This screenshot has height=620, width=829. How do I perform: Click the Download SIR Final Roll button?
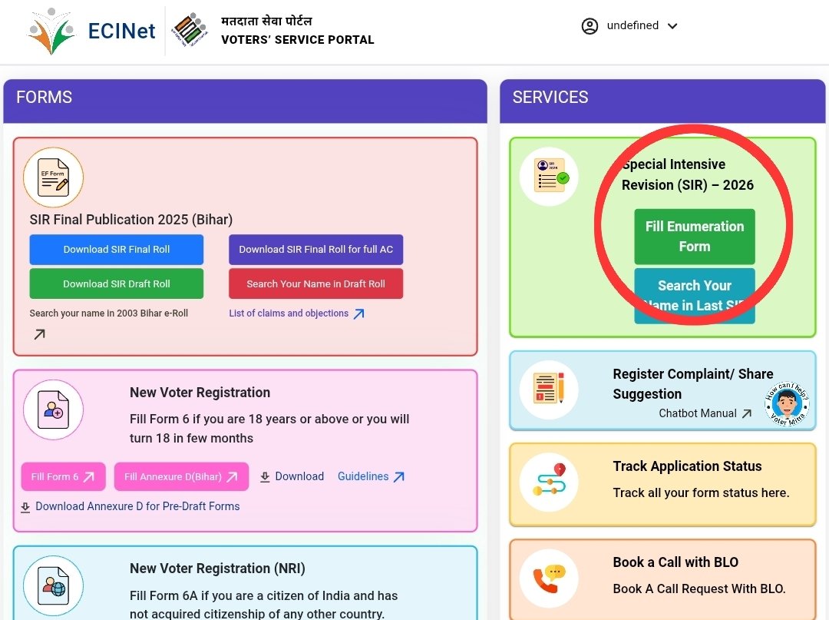(x=117, y=250)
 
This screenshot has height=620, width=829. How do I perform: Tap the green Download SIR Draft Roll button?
(x=117, y=283)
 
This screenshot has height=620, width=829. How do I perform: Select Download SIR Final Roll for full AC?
(x=315, y=250)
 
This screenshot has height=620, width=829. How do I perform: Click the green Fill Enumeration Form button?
(x=695, y=237)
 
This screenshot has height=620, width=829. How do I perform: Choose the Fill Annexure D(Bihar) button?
(x=181, y=476)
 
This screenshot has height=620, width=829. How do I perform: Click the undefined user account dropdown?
(x=630, y=26)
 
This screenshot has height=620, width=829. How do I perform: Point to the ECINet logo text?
(x=122, y=31)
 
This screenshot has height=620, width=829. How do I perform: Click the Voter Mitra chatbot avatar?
(x=787, y=404)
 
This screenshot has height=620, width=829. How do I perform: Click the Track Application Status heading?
(x=687, y=466)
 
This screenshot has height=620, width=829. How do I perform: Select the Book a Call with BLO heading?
(x=675, y=562)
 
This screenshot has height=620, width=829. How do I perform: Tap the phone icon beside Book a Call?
(x=548, y=579)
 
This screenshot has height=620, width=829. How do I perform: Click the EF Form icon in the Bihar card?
(x=53, y=177)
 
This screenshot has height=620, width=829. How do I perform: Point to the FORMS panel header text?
(x=45, y=98)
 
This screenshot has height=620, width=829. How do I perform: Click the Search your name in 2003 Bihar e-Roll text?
(x=109, y=313)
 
